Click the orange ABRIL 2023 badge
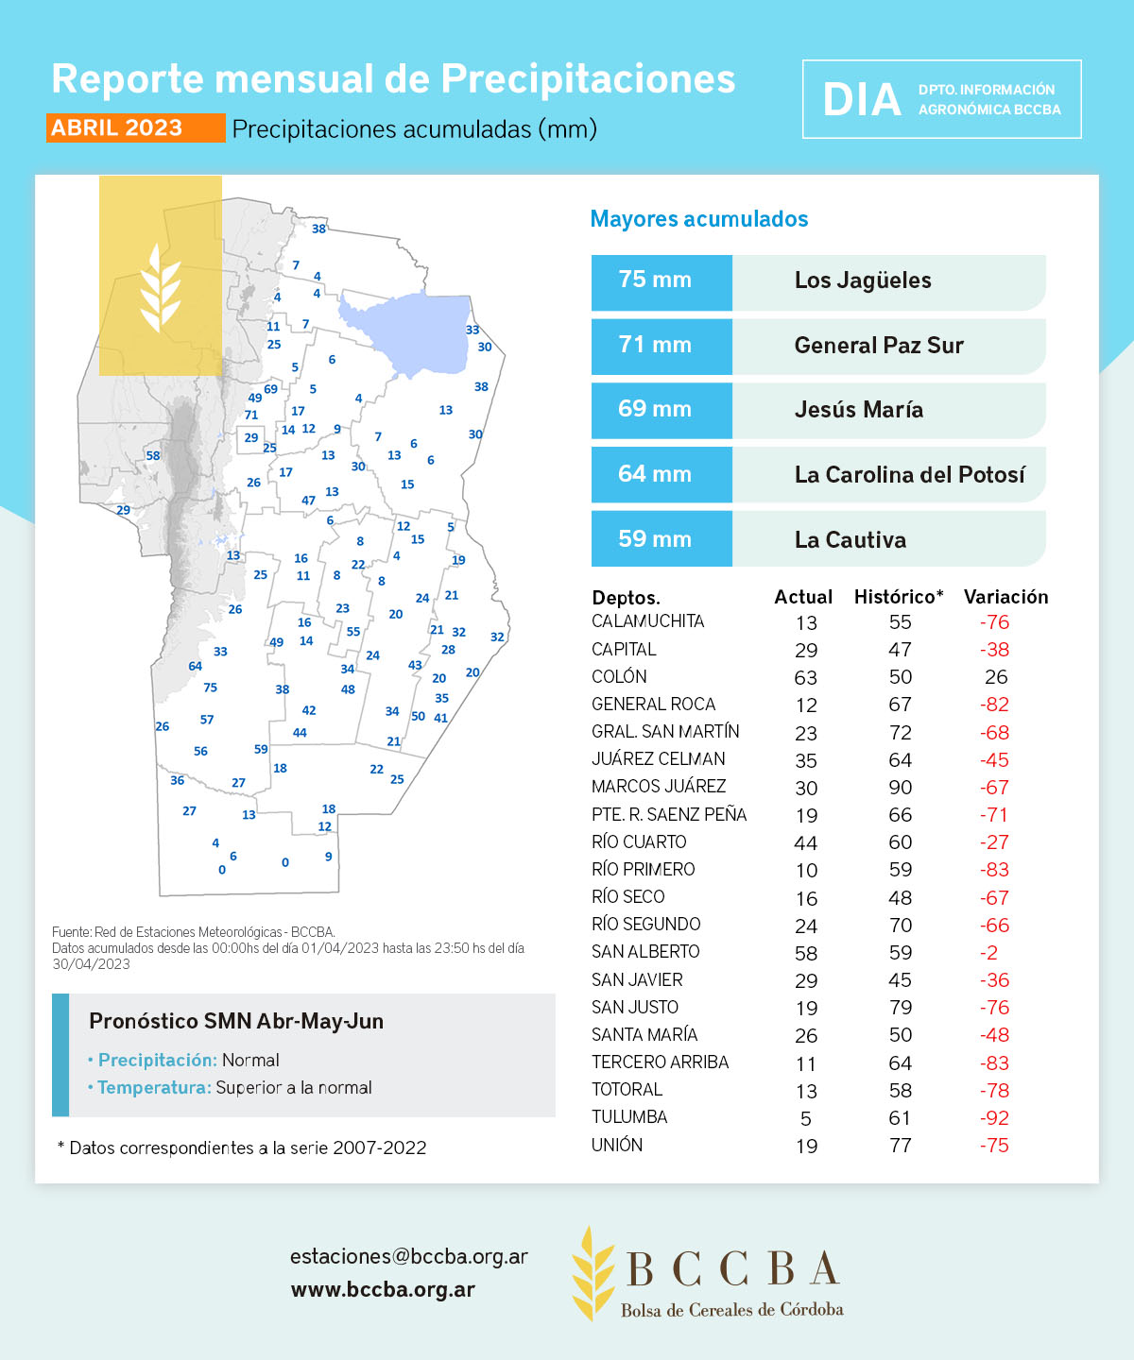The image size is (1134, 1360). pos(135,128)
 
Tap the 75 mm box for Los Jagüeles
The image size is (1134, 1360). pos(661,281)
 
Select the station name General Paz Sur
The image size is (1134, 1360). pos(879,346)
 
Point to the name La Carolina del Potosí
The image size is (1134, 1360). pos(909,475)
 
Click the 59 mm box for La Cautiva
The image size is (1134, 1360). pos(661,539)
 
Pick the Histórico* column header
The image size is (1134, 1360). pos(899,597)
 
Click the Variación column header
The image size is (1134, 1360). pos(1005,597)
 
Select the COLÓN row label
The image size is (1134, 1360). pos(620,677)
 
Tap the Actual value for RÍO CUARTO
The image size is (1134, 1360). pos(806,842)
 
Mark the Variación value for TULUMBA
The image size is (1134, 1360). pos(994,1118)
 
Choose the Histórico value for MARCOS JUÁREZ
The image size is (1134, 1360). pos(901,788)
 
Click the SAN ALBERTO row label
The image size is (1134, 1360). pos(645,952)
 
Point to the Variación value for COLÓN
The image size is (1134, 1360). pos(996,677)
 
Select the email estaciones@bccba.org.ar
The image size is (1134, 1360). pos(408,1257)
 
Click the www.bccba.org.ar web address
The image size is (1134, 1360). pos(383,1290)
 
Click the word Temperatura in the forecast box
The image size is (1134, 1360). pos(154,1088)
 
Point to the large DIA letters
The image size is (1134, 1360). pos(862,100)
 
